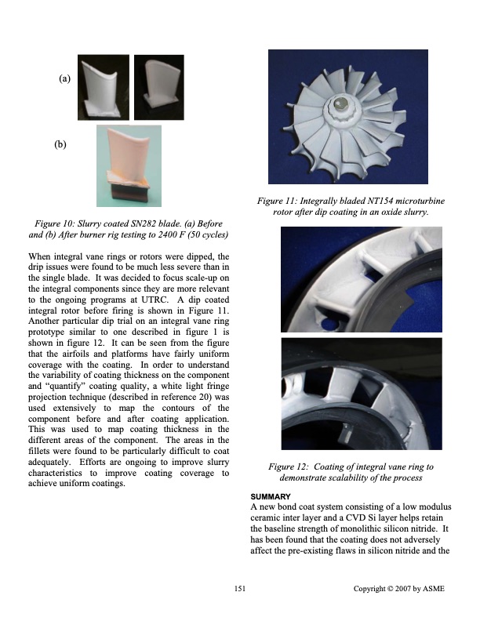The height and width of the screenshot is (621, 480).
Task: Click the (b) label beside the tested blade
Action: point(60,146)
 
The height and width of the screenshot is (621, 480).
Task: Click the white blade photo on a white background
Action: point(104,85)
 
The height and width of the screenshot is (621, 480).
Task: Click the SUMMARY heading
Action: point(270,498)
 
